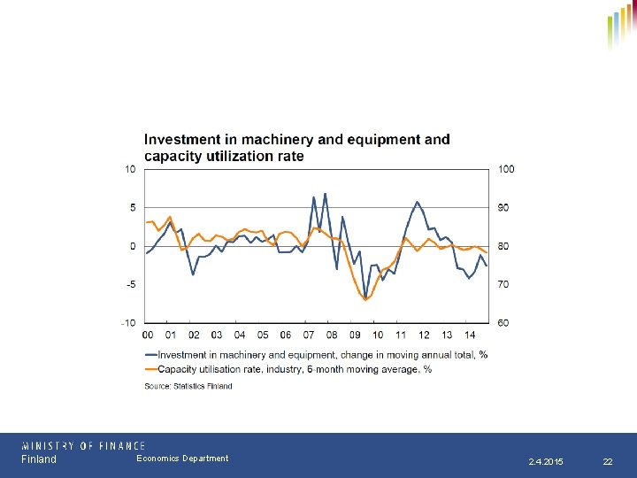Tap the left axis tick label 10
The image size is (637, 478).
tap(130, 169)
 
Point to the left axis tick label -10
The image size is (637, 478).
tap(128, 323)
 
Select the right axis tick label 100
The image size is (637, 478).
tap(505, 169)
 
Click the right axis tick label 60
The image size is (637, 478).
tap(503, 323)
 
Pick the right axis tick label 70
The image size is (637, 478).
tap(503, 284)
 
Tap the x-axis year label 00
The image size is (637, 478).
tap(148, 335)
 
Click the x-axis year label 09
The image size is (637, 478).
tap(355, 335)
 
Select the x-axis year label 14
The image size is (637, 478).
tap(470, 335)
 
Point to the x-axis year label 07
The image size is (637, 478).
tap(309, 335)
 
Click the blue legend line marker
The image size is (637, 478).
tap(150, 355)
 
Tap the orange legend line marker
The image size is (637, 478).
tap(150, 369)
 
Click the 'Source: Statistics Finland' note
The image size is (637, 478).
tap(188, 386)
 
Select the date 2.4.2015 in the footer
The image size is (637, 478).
tap(545, 462)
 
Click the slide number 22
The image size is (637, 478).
tap(607, 462)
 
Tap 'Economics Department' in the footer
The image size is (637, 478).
tap(182, 459)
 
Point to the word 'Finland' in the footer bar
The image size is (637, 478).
tap(39, 459)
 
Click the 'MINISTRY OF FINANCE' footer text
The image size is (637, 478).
tap(83, 446)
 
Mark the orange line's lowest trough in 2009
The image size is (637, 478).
tap(365, 299)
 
